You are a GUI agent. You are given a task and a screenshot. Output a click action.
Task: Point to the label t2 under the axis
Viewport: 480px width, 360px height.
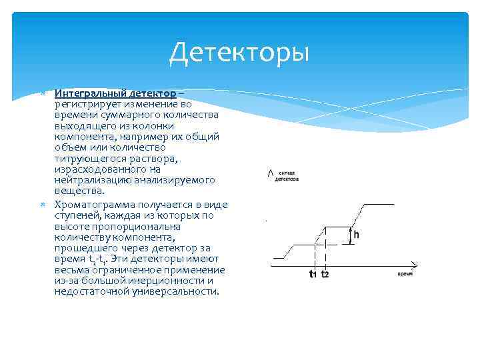pos(325,274)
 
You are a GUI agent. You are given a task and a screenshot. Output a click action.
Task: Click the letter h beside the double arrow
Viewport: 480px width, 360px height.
pos(356,235)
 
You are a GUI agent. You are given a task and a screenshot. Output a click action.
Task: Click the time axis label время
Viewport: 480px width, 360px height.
pos(405,274)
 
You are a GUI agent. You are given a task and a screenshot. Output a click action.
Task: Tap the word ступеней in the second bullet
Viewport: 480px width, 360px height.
pos(77,215)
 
